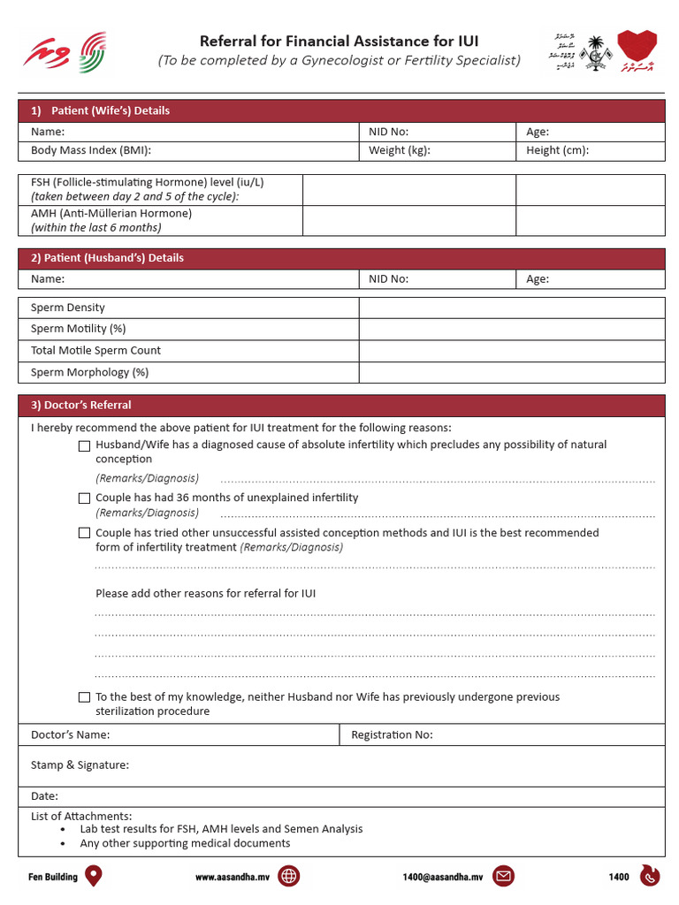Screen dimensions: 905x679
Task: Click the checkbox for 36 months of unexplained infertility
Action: [x=84, y=498]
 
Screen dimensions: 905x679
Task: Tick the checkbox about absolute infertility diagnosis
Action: [x=84, y=445]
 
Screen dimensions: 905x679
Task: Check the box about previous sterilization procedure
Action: [x=84, y=697]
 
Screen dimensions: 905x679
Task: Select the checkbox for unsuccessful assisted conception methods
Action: [x=84, y=533]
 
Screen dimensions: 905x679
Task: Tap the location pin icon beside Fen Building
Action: [x=93, y=876]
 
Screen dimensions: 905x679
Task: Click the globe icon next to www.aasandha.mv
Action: [x=288, y=876]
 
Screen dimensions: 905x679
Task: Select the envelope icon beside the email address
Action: [x=504, y=876]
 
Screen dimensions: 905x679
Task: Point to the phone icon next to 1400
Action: [x=649, y=876]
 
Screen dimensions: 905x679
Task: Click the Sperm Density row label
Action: [x=68, y=308]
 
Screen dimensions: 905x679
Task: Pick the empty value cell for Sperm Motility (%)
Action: [x=511, y=329]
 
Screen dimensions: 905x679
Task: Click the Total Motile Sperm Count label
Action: [x=95, y=350]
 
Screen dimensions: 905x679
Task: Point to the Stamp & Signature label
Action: [x=80, y=764]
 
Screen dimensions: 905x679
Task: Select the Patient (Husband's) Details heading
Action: [x=107, y=258]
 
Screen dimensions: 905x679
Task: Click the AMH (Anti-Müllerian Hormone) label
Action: [x=111, y=213]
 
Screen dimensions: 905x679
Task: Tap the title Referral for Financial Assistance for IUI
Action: [x=339, y=41]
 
